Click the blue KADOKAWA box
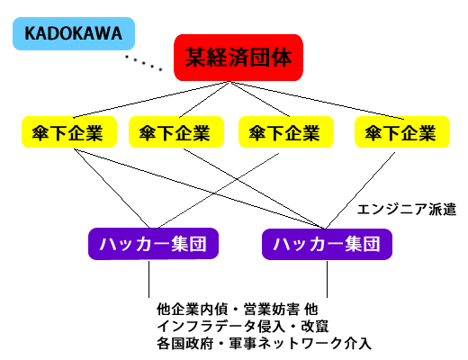click(74, 33)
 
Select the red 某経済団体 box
click(238, 58)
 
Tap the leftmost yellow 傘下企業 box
click(69, 132)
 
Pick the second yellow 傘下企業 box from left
click(176, 132)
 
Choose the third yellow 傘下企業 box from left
click(286, 132)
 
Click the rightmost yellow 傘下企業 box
click(402, 132)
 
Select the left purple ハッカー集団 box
click(153, 244)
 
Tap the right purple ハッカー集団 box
click(327, 244)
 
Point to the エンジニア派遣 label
click(407, 209)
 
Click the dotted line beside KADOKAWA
click(144, 63)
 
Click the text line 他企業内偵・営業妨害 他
click(237, 310)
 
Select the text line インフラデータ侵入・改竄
click(243, 327)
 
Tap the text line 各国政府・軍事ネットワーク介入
click(264, 344)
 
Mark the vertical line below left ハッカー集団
click(148, 279)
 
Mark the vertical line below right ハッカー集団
click(327, 279)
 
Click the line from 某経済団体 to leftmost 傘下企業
click(151, 99)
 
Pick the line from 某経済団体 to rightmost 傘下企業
click(317, 100)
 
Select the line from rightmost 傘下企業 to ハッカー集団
click(360, 191)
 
